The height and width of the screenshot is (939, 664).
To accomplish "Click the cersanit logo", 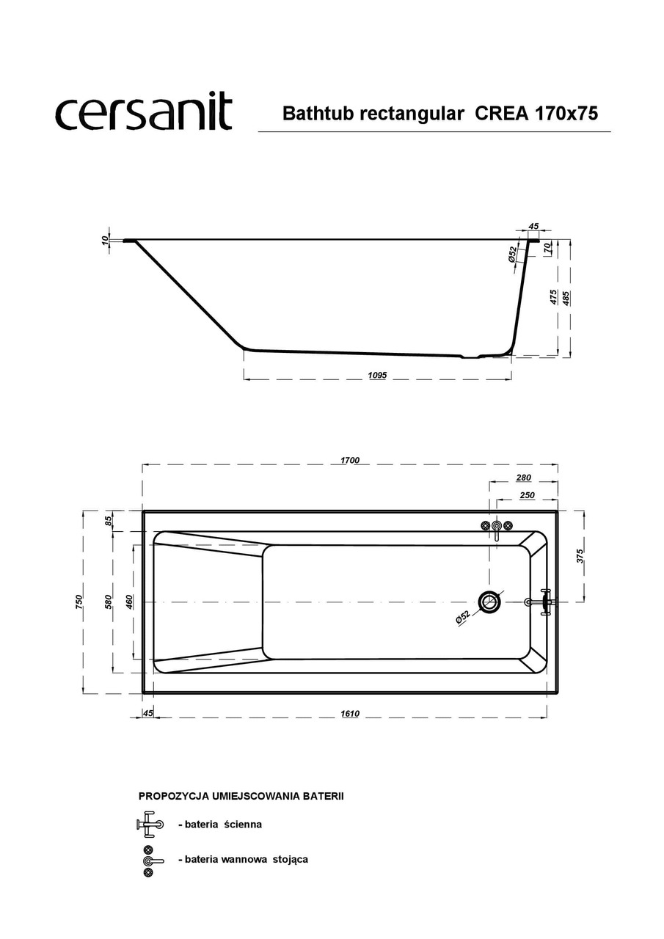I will [144, 113].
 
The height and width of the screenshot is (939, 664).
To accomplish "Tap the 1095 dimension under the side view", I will [377, 375].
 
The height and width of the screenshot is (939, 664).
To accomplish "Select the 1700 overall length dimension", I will [350, 460].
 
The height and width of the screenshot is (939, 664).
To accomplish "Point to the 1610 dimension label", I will [350, 714].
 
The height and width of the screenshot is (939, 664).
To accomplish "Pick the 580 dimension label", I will [108, 602].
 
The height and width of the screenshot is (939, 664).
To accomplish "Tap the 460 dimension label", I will [129, 602].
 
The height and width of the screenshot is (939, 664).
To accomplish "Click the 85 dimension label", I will [108, 521].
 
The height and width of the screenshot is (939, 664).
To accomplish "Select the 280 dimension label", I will [523, 478].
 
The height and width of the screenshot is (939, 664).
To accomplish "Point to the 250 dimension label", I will [526, 496].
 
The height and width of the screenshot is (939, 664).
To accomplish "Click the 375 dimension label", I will [579, 555].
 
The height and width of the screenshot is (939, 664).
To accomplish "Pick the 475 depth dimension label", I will [553, 297].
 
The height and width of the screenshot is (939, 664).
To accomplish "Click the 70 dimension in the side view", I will [548, 249].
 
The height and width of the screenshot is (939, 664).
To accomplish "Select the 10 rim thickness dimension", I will [105, 239].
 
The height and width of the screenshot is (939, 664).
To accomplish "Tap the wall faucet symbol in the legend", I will [149, 824].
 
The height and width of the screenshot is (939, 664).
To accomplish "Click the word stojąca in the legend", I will [289, 858].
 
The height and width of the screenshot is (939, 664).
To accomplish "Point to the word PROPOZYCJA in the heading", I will [174, 795].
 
